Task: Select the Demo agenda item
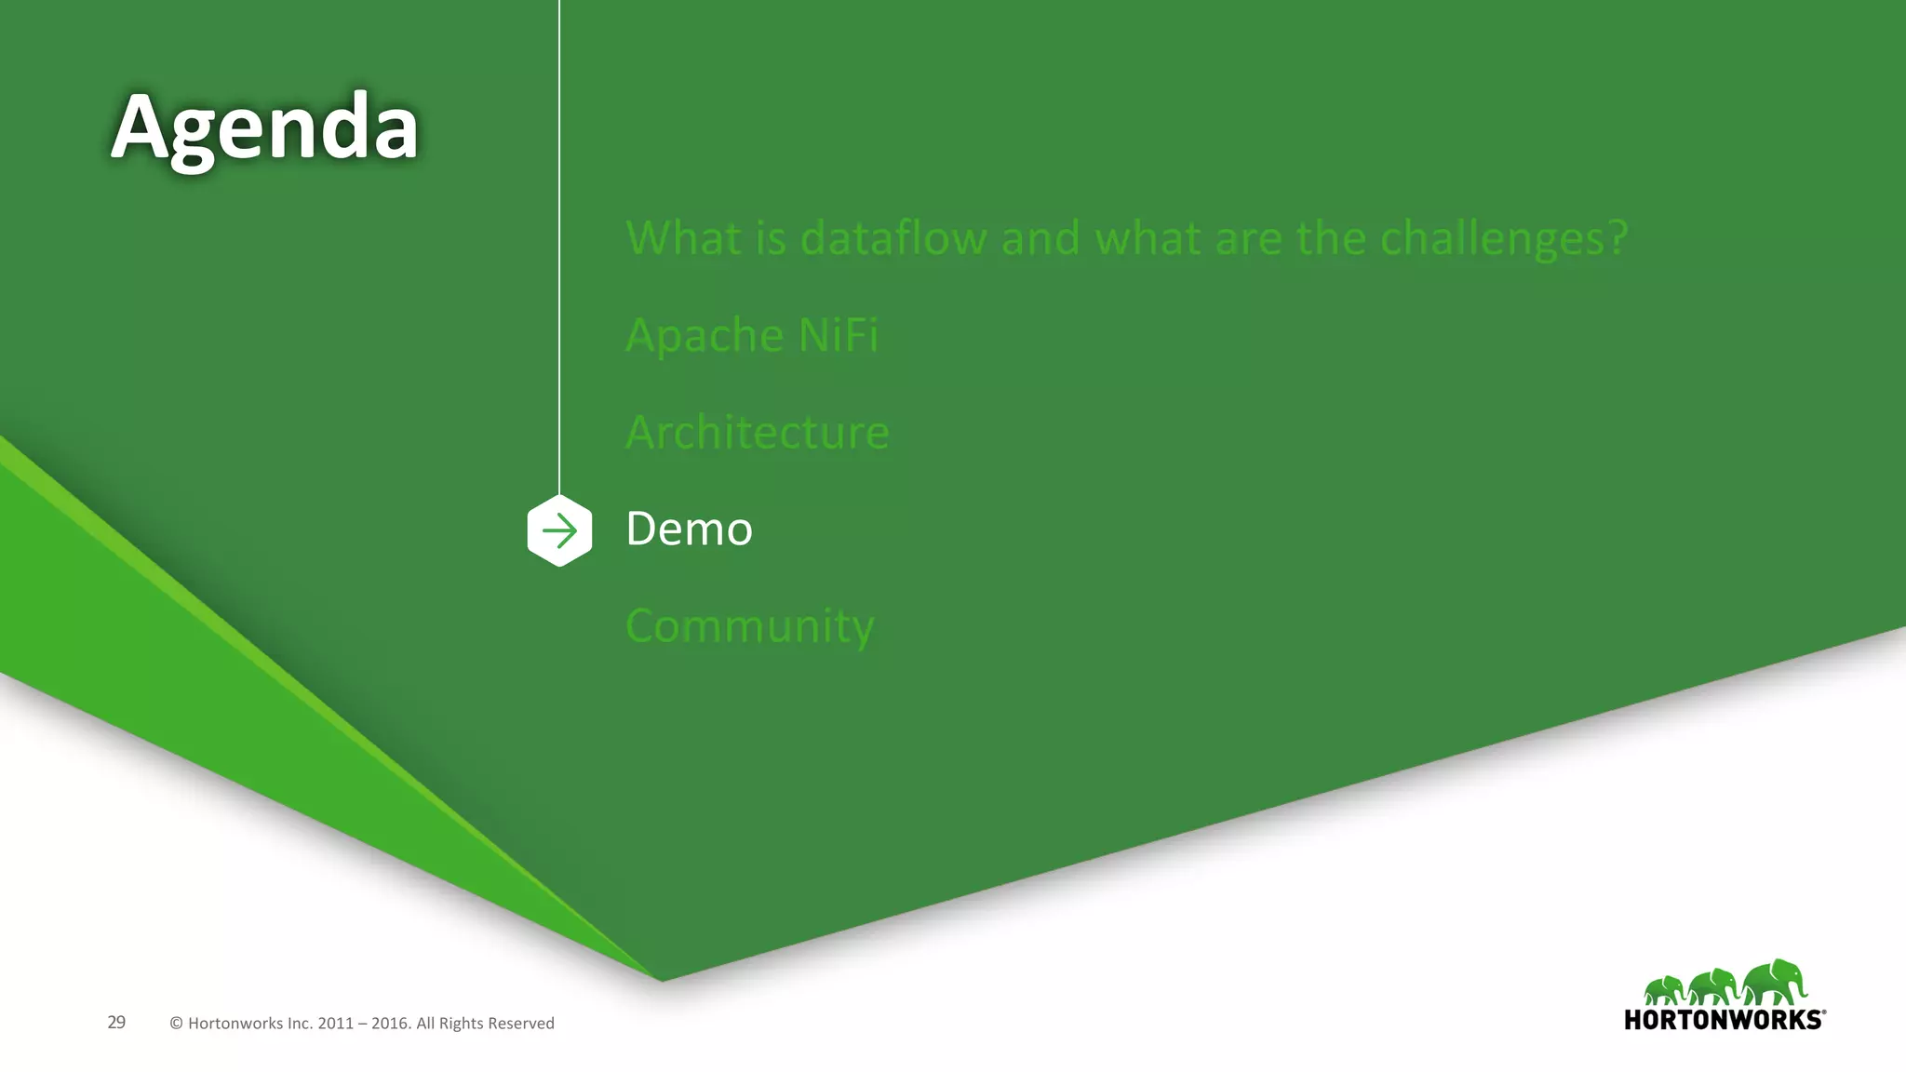pos(689,529)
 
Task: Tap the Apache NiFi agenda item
pos(752,335)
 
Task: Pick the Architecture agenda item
pos(758,433)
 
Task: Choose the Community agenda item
pos(750,626)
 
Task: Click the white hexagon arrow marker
pos(559,531)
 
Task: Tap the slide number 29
pos(116,1023)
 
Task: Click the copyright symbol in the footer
pos(176,1024)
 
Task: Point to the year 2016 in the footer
pos(390,1024)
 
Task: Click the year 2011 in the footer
pos(335,1024)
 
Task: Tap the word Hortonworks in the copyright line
pos(235,1024)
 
